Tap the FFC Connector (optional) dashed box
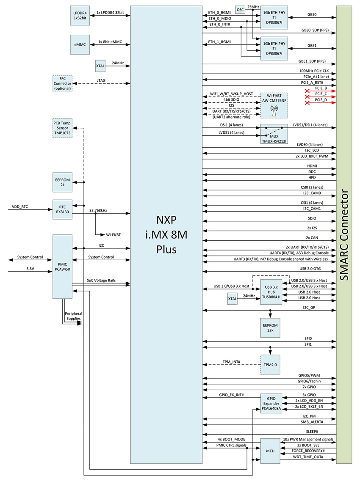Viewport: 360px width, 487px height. click(x=62, y=83)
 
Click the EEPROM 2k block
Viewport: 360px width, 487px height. click(x=62, y=183)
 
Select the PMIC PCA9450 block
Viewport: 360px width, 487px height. click(x=62, y=267)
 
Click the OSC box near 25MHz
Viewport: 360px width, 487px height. click(x=241, y=10)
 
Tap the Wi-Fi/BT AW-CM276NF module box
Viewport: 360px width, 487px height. click(x=274, y=105)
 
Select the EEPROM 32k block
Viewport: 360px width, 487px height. click(x=270, y=327)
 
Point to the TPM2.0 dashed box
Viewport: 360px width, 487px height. click(x=270, y=364)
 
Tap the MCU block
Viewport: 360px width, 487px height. click(x=270, y=451)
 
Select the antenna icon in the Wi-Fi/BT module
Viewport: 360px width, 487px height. click(x=274, y=111)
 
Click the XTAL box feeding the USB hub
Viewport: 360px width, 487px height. click(x=233, y=299)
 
